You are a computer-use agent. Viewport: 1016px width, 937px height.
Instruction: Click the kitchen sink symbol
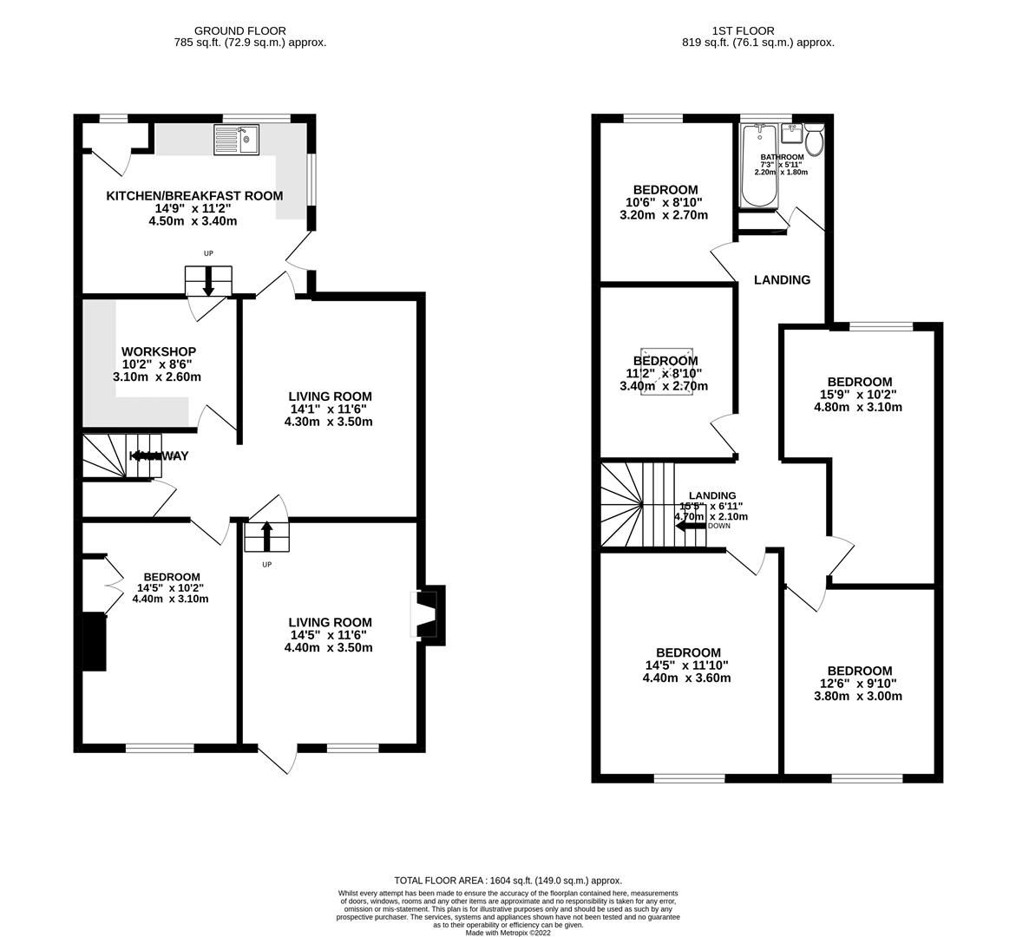click(x=237, y=139)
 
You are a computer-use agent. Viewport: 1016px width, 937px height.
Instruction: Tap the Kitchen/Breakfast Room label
click(x=194, y=195)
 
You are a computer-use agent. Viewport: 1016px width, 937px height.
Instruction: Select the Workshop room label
click(x=158, y=351)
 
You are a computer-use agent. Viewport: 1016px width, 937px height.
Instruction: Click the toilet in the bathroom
click(x=815, y=139)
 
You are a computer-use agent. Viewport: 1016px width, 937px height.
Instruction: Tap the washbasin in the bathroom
click(x=790, y=134)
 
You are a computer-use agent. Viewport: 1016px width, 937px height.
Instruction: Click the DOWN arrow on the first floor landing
click(x=692, y=526)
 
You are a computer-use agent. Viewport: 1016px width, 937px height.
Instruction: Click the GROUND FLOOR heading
click(x=227, y=30)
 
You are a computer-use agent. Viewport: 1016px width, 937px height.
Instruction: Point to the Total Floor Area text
click(x=508, y=880)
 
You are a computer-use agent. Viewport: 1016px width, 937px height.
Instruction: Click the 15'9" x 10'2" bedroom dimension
click(x=858, y=394)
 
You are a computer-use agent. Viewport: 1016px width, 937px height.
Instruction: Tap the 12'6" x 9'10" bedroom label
click(x=858, y=671)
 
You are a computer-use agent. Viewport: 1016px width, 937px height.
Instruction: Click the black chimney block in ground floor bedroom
click(x=94, y=641)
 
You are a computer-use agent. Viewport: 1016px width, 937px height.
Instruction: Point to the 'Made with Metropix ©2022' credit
click(x=508, y=933)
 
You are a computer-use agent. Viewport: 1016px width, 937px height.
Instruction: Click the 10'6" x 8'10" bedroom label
click(x=665, y=190)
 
